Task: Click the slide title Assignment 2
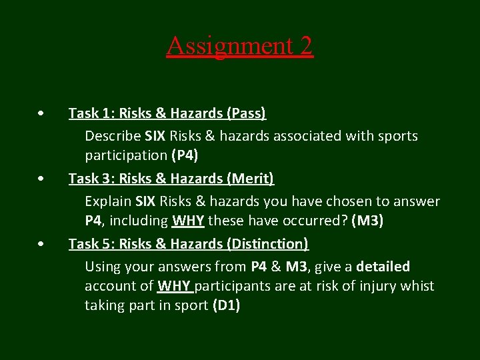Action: [x=239, y=45]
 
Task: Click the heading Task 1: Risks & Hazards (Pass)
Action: [x=167, y=113]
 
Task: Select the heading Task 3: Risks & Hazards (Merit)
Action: [x=171, y=179]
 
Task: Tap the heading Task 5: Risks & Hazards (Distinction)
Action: [x=189, y=244]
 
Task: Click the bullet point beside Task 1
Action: [x=42, y=113]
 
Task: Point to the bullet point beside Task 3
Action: [x=42, y=179]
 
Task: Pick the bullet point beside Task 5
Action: [x=42, y=244]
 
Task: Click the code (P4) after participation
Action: [x=185, y=155]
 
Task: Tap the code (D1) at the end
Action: [x=226, y=305]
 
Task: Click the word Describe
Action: [x=112, y=136]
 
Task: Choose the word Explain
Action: [x=108, y=201]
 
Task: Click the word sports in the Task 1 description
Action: [x=397, y=136]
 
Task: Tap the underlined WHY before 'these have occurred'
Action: [x=188, y=221]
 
